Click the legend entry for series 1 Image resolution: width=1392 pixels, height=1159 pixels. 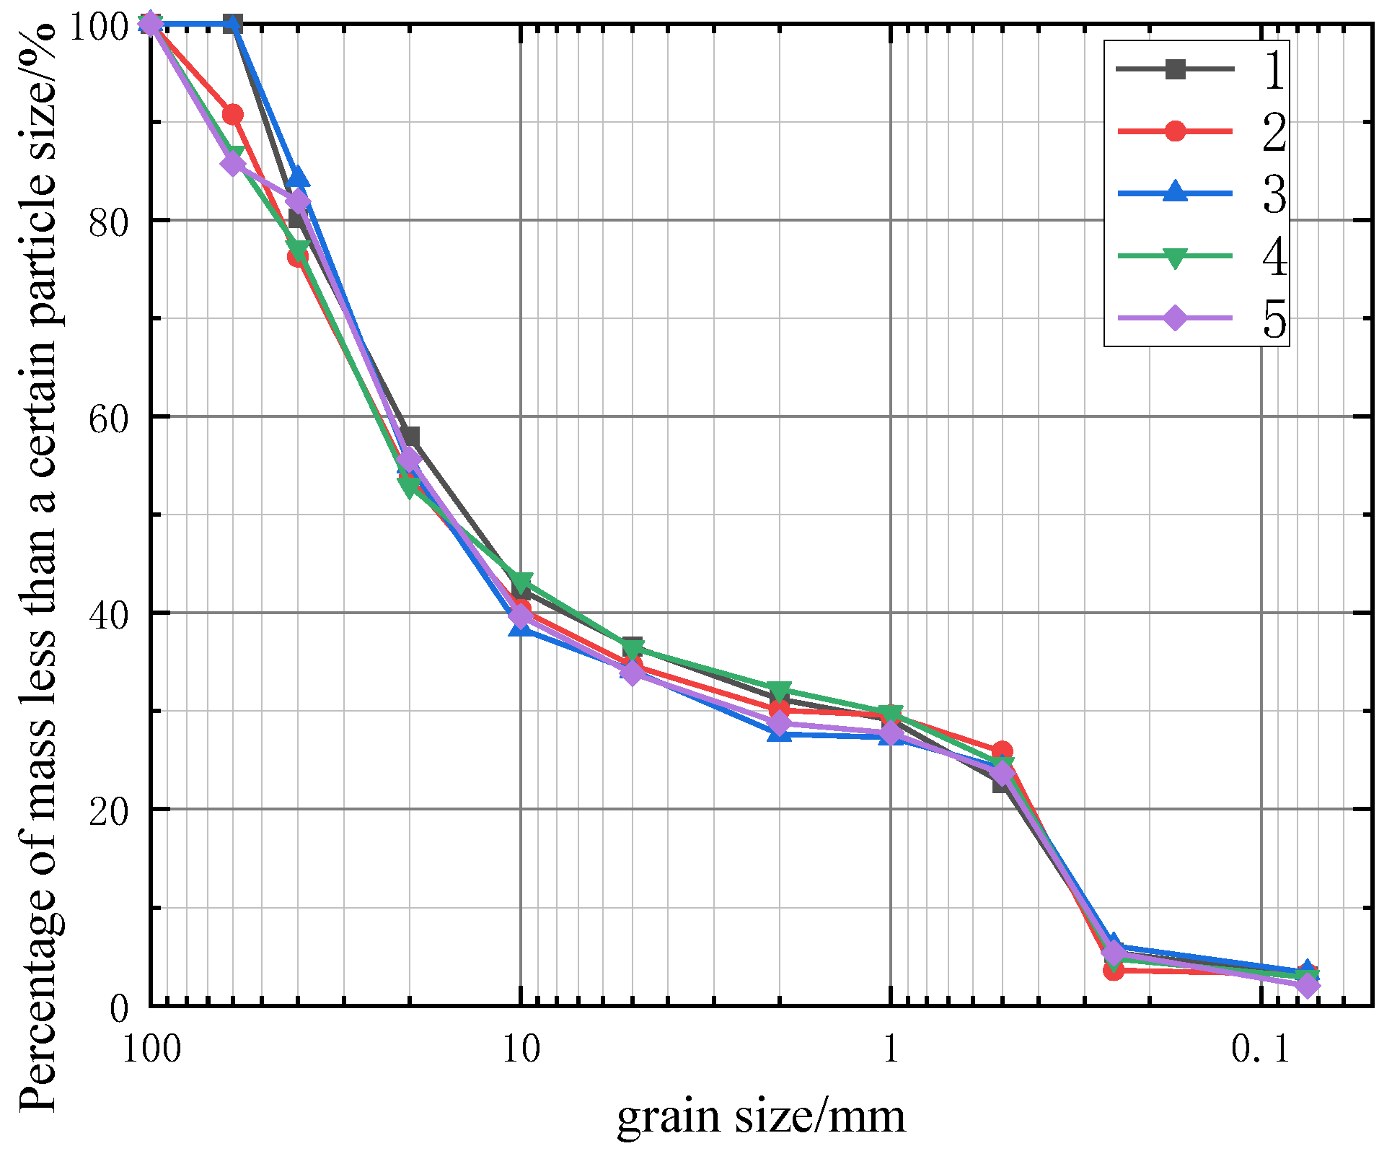pos(1274,70)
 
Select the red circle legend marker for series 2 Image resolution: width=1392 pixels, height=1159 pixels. pos(1175,131)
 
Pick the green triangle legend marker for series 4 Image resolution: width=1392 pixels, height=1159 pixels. pos(1175,257)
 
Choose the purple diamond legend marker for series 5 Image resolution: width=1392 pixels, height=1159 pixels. pos(1175,318)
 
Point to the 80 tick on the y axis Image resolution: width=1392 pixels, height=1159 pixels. pos(109,221)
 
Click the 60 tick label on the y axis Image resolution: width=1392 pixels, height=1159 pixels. pos(109,417)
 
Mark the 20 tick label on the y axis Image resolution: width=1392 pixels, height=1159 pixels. pos(109,810)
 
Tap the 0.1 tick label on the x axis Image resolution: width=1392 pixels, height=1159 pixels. pos(1260,1049)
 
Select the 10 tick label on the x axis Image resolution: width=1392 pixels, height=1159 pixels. pos(521,1049)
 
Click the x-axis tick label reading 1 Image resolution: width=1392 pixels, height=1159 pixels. pos(891,1049)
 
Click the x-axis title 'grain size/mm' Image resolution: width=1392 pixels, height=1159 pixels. pos(761,1116)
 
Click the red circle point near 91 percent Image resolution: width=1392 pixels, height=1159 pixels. pos(232,114)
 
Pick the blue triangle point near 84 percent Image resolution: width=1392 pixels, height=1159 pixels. pos(298,177)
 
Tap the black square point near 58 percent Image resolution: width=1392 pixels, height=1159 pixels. pos(410,436)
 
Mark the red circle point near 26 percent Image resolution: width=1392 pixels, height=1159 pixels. pos(1002,751)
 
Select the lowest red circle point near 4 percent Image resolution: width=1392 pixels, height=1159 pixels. pos(1114,970)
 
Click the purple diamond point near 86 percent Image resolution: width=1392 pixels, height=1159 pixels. pos(232,164)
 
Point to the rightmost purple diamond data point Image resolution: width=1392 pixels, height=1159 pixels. pos(1307,985)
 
